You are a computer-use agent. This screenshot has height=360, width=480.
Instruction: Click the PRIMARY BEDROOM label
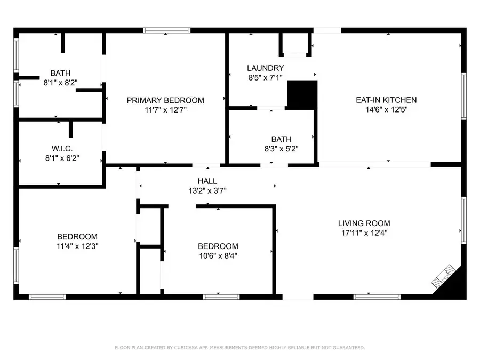165,100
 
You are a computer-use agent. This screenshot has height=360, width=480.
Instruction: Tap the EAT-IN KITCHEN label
386,100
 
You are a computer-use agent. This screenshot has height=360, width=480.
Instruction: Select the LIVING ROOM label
364,223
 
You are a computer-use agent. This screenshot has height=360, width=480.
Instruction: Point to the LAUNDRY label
266,68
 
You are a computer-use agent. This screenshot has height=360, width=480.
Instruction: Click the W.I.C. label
62,149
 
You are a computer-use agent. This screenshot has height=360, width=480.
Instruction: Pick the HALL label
207,181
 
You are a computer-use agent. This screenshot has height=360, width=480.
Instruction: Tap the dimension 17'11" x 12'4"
364,233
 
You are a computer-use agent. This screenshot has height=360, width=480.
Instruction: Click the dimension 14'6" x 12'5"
386,109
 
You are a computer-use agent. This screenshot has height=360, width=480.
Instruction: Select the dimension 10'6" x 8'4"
218,255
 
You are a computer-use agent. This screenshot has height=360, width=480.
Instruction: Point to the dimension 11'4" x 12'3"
77,246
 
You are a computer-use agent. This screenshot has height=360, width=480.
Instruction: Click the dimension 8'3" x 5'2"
281,149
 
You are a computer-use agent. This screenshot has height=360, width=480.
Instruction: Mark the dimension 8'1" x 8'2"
60,83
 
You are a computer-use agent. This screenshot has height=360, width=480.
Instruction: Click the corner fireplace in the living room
442,276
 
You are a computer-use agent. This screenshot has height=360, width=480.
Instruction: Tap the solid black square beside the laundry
302,95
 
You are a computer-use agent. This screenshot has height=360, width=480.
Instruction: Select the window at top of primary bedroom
167,30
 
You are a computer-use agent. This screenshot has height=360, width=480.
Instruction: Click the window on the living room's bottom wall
377,297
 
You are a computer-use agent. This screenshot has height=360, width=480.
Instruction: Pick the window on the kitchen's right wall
464,96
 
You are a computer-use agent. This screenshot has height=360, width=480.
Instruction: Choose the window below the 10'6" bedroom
221,297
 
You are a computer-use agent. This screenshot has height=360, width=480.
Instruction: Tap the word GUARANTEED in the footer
347,348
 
